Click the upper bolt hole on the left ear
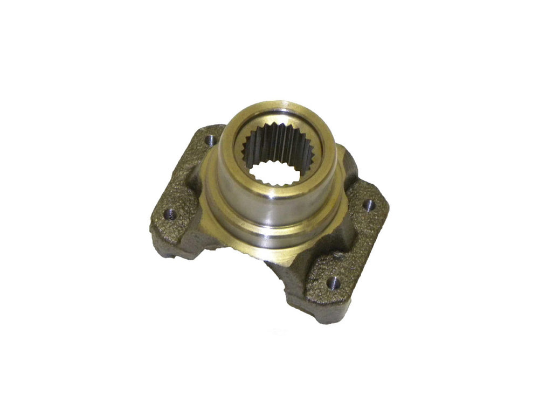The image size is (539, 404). pos(211,141)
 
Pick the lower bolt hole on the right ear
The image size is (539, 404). pos(334,282)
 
